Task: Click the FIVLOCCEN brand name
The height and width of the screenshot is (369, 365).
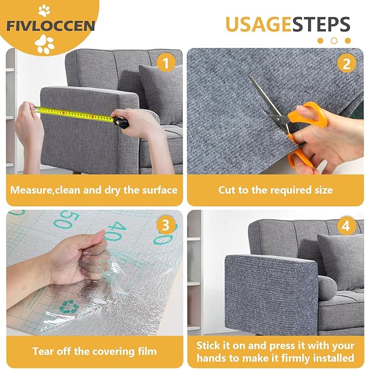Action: tap(51, 26)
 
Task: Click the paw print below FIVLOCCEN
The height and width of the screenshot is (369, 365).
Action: tap(46, 44)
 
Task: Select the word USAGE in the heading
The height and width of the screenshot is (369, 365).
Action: tap(257, 25)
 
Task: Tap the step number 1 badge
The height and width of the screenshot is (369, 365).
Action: tap(166, 64)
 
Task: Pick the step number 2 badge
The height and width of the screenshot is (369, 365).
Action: tap(346, 64)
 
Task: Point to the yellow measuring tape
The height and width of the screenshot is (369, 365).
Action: tap(75, 113)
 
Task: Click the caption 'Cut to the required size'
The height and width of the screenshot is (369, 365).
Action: tap(275, 190)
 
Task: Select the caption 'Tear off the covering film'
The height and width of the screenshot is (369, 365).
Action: tap(94, 351)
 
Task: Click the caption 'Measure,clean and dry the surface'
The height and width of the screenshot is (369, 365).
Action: tap(94, 190)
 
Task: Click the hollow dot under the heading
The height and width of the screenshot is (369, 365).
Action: tap(334, 40)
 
